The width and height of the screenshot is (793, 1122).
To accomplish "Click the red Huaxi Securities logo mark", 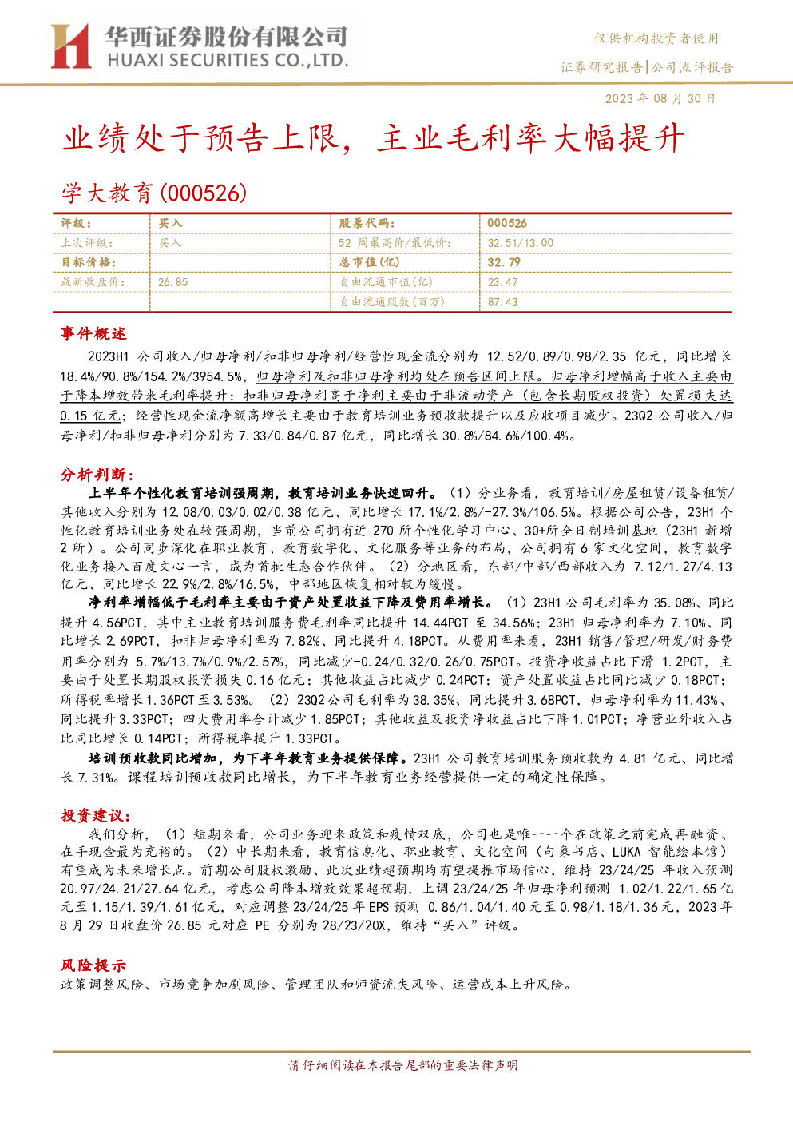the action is [71, 46].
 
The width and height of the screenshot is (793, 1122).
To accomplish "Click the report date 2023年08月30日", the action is [660, 98].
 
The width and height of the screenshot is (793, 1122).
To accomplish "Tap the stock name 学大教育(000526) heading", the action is [154, 193].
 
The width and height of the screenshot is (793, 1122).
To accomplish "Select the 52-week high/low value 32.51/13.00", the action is [521, 243].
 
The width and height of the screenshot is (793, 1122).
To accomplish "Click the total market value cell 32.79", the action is [504, 262].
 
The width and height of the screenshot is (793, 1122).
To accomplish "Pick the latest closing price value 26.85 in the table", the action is [173, 282].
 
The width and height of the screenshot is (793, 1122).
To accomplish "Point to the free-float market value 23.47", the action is [502, 282].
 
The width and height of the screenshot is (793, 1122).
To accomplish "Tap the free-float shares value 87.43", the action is [502, 302].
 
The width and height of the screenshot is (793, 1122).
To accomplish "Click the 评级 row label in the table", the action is [76, 224].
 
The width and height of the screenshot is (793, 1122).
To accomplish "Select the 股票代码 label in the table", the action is [367, 224].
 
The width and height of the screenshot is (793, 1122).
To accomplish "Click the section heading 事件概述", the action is [93, 333].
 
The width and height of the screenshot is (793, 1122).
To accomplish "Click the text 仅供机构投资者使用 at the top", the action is [656, 38].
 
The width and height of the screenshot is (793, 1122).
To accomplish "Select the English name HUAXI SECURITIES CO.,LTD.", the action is [228, 60].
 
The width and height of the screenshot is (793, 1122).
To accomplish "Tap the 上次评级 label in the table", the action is [86, 243].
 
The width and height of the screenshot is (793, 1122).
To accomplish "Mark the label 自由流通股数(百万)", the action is [392, 302].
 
